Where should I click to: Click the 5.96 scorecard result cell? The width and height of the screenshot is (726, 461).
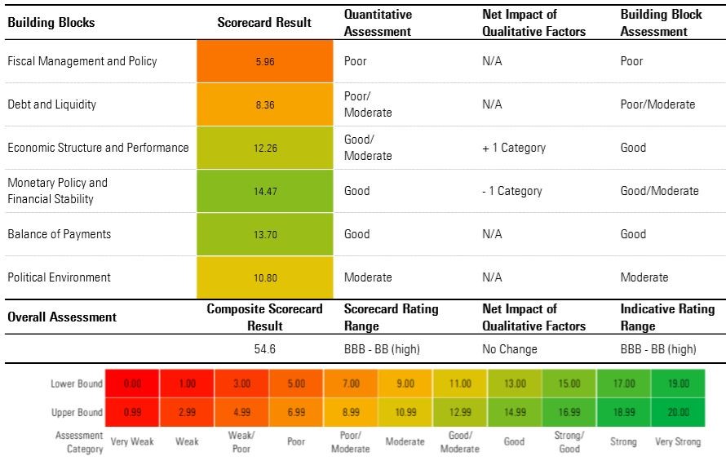click(264, 61)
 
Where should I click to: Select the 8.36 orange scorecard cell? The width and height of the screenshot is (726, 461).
click(264, 104)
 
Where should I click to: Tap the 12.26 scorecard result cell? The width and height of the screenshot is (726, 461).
click(264, 148)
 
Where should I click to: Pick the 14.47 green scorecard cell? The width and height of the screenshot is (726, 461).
click(264, 191)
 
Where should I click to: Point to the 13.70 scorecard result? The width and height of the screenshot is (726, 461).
click(264, 234)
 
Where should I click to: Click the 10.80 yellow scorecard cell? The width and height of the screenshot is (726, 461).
click(264, 277)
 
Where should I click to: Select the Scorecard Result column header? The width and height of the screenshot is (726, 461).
click(264, 23)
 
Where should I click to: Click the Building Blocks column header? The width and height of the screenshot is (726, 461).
click(51, 23)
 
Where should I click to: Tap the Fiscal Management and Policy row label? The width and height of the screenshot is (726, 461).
click(82, 61)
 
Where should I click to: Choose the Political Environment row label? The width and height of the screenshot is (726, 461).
click(59, 277)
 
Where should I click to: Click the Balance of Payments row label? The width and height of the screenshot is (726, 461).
click(59, 234)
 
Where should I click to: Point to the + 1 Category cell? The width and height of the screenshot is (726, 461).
click(513, 148)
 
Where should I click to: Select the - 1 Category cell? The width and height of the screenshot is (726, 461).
click(511, 191)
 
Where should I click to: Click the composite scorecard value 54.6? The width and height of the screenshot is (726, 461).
click(264, 349)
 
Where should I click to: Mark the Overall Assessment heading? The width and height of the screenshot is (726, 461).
click(62, 317)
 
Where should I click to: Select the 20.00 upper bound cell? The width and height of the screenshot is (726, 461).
click(678, 412)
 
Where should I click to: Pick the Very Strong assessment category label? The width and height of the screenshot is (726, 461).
click(678, 442)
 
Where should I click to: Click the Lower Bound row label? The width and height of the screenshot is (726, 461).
click(77, 383)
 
